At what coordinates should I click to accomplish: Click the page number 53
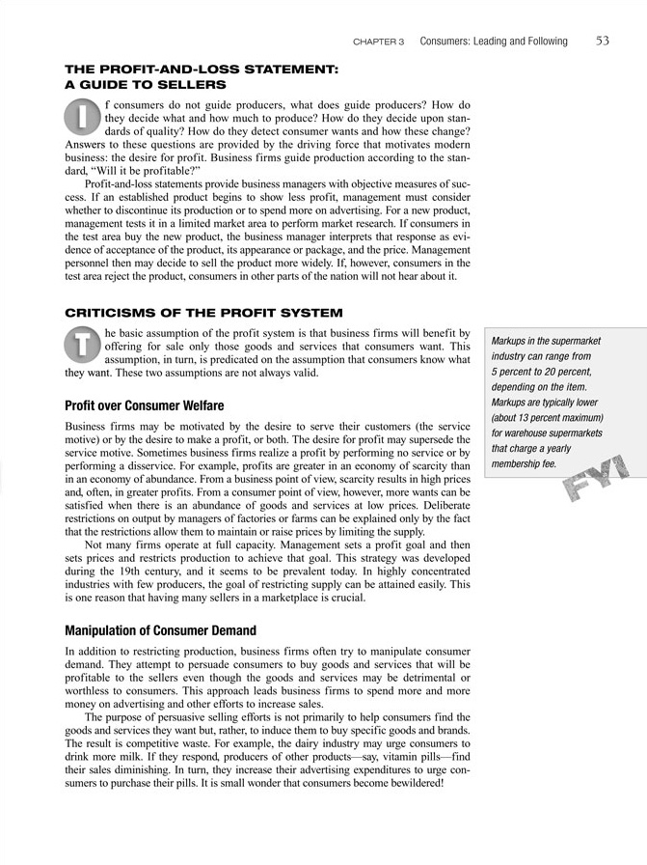601,41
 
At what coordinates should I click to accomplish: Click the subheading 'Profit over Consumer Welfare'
144,406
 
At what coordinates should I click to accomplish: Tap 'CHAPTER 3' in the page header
379,42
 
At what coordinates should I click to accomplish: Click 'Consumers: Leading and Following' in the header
494,42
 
